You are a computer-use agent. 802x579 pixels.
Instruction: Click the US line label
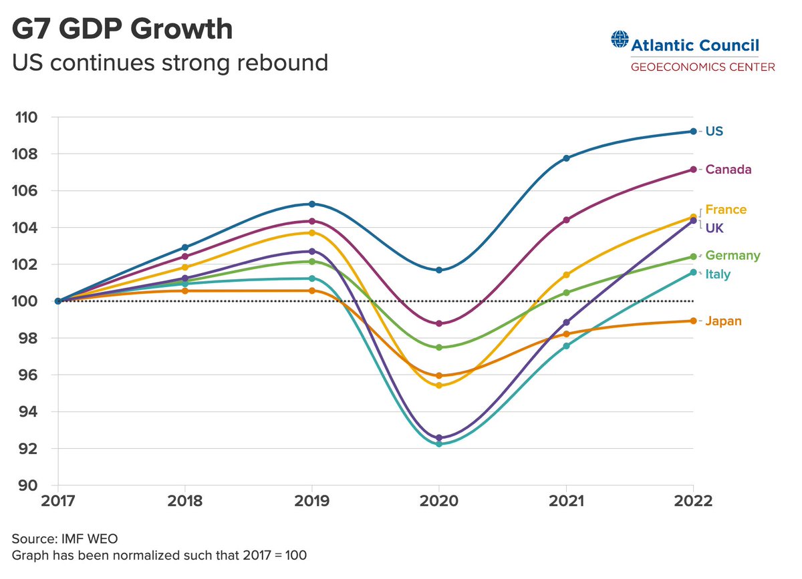714,132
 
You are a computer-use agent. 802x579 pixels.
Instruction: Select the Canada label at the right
728,170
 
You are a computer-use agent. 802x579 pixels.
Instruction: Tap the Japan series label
723,321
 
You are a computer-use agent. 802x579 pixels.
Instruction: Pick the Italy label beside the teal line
718,274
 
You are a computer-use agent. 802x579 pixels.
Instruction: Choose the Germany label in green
732,256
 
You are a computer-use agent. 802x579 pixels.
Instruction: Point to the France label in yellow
726,210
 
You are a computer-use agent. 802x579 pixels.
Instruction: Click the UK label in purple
714,228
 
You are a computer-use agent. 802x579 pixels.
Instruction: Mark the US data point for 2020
439,270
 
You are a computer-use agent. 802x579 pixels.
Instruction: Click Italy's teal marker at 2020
439,443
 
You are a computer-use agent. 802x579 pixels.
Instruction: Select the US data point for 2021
566,158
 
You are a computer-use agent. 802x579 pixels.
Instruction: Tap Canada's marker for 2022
693,170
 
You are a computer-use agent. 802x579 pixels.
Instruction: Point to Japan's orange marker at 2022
693,321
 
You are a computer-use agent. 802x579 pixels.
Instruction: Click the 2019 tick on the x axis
311,502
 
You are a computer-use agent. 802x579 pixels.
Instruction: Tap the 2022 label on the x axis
693,502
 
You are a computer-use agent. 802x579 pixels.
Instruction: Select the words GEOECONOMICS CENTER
703,67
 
